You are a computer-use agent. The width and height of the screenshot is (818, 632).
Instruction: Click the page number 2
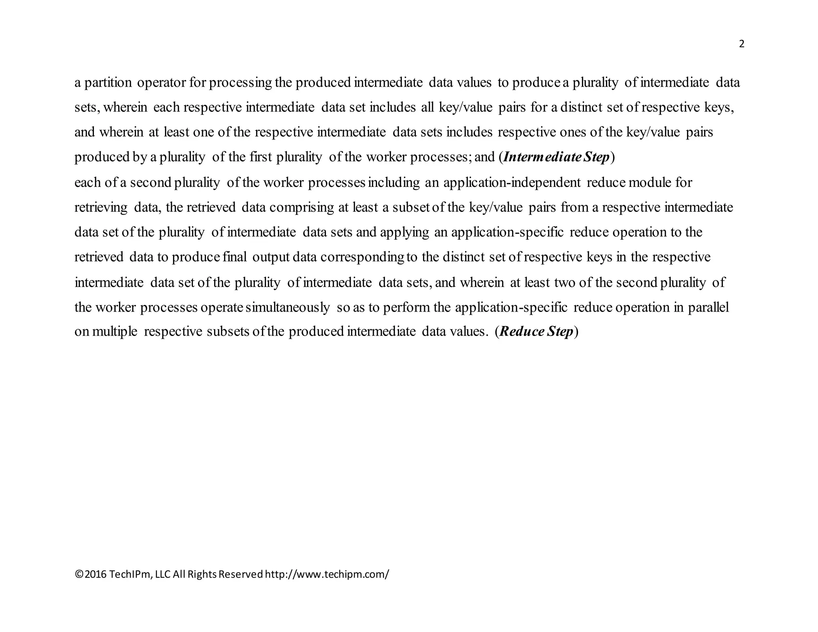pos(742,44)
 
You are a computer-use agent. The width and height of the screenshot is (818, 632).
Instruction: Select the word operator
pos(161,83)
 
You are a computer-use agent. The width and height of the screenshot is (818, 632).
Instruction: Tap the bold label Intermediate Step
pos(556,157)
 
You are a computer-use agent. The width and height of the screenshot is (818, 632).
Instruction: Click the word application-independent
pos(512,183)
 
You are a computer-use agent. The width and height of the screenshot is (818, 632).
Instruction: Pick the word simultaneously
pos(288,307)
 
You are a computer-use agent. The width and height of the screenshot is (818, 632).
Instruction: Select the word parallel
pos(708,307)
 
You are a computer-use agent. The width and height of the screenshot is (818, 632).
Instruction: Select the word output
pos(271,257)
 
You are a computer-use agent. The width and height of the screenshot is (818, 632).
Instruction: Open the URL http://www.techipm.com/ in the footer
pos(327,574)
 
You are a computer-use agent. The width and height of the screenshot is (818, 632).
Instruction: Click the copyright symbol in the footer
pos(79,574)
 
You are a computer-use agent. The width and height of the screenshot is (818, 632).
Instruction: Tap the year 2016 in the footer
pos(96,574)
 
